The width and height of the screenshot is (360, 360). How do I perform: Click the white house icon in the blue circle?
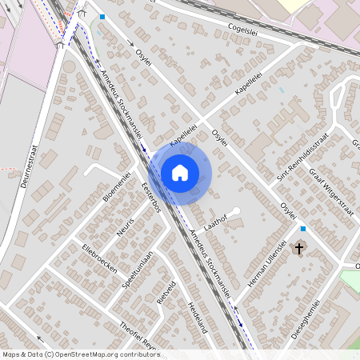tap(180, 172)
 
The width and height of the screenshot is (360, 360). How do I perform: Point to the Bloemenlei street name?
tap(116, 185)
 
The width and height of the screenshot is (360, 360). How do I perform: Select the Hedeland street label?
tap(198, 317)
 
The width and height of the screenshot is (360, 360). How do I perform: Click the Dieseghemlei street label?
tap(306, 320)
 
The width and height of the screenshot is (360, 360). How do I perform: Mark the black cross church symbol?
tap(300, 249)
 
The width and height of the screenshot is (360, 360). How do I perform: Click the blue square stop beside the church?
tap(302, 229)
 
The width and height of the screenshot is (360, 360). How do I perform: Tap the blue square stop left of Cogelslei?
tap(102, 16)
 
